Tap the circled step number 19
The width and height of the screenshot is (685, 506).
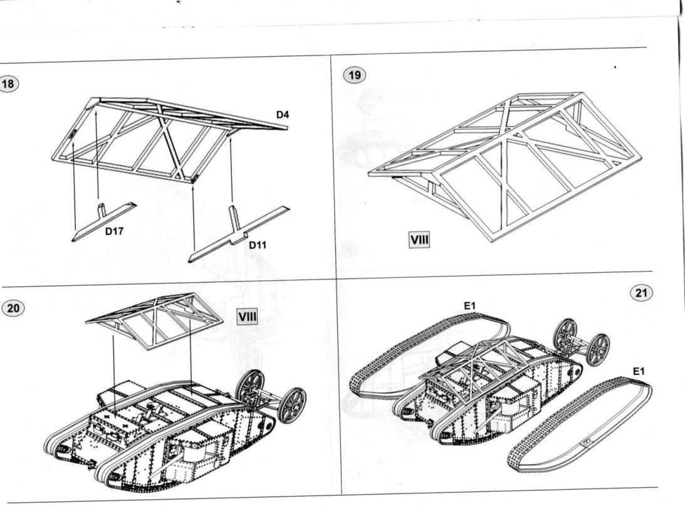click(x=355, y=76)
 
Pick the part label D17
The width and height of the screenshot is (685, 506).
click(x=114, y=231)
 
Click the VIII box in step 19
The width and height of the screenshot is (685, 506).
click(x=419, y=239)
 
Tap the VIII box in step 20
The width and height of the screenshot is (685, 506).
click(x=247, y=317)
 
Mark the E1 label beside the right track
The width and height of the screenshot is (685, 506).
click(x=638, y=371)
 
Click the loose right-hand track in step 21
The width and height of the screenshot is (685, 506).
click(x=580, y=427)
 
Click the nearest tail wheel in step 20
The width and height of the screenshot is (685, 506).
click(x=292, y=405)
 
